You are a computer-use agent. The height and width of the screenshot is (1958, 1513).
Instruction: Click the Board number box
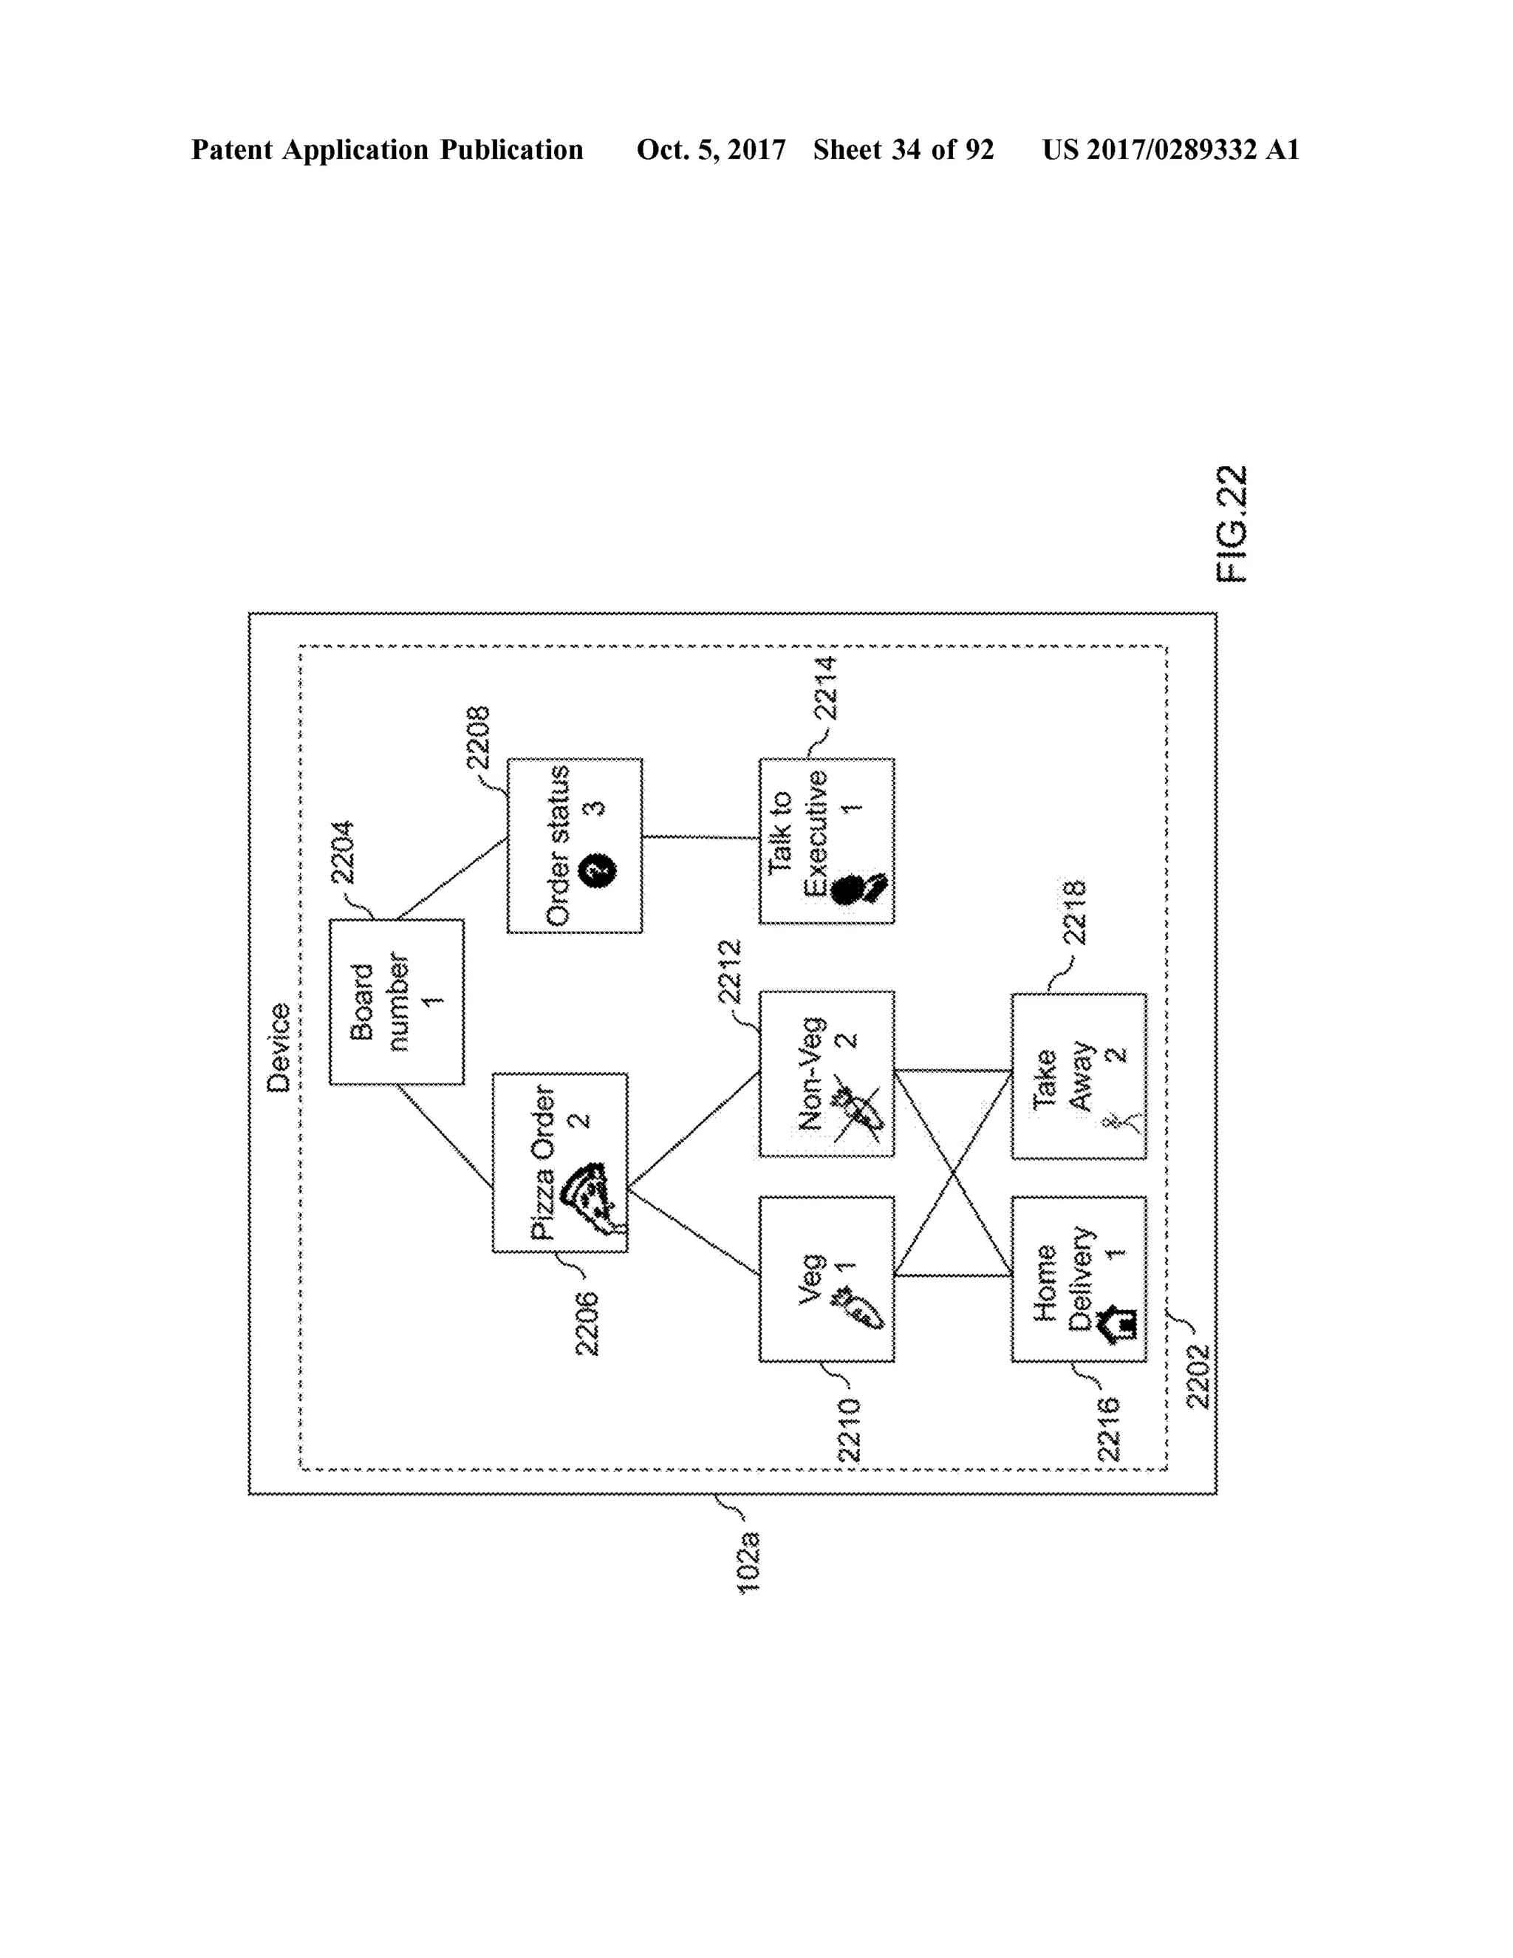click(x=396, y=1001)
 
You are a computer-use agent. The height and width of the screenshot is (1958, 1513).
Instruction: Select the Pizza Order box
click(x=559, y=1162)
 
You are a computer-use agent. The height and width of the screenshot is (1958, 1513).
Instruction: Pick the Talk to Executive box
click(x=825, y=840)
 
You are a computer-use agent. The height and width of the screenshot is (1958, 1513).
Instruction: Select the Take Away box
click(x=1079, y=1076)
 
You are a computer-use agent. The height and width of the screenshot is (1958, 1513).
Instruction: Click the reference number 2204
click(x=342, y=853)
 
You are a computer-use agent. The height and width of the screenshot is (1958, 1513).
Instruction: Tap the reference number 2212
click(x=731, y=971)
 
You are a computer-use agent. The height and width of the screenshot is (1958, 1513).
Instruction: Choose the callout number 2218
click(x=1073, y=912)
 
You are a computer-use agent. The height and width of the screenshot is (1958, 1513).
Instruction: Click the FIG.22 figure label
click(x=1232, y=525)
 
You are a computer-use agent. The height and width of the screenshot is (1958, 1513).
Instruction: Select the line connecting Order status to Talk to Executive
click(x=701, y=837)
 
